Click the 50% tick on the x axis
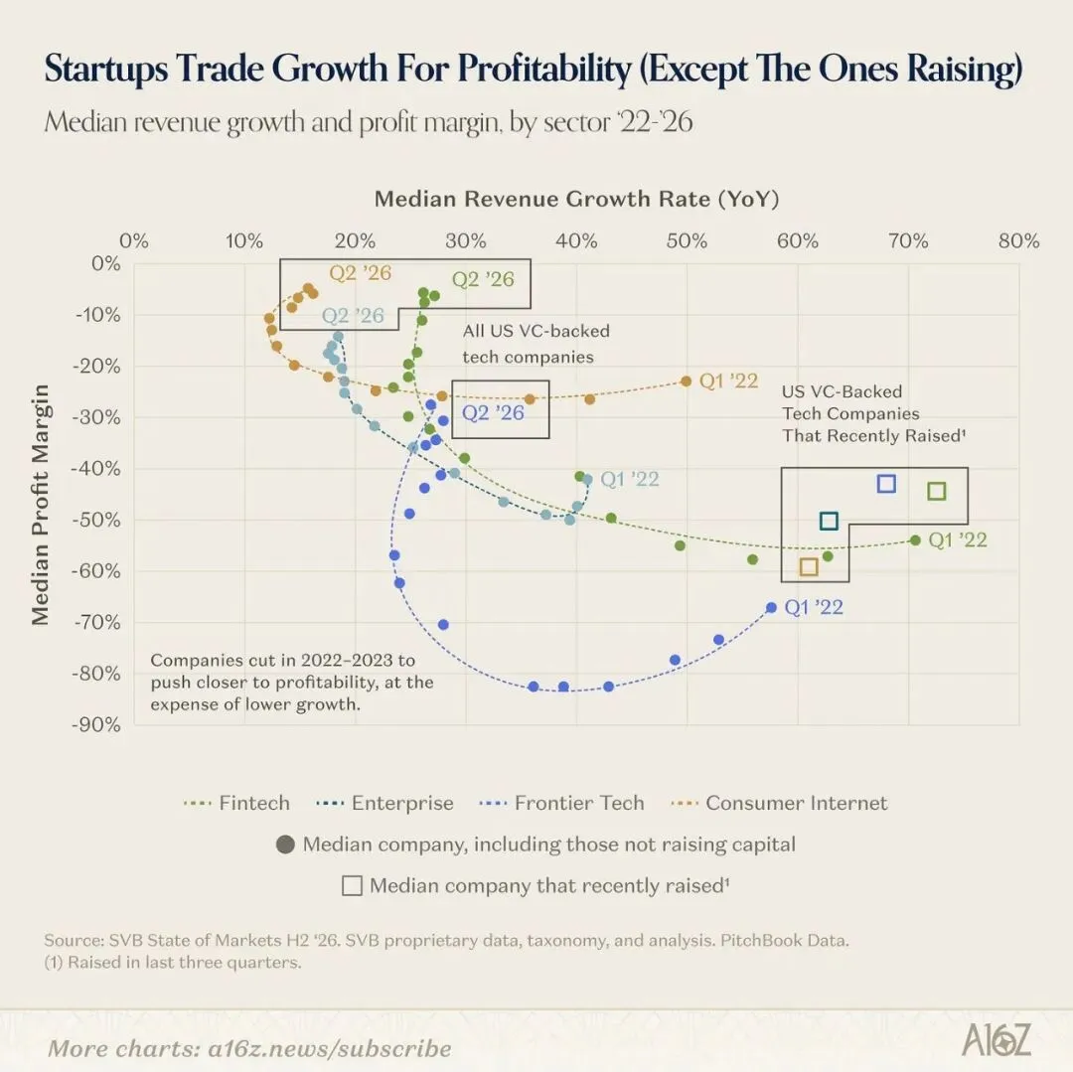tap(687, 240)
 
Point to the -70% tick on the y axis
tap(96, 622)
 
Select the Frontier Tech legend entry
tap(561, 803)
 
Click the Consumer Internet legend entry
tap(780, 803)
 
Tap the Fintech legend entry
tap(236, 803)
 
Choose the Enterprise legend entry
tap(384, 803)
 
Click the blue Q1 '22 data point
tap(771, 607)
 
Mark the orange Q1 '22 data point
tap(687, 382)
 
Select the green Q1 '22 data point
tap(916, 540)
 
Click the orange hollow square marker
tap(809, 566)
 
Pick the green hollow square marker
tap(937, 491)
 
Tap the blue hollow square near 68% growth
tap(886, 484)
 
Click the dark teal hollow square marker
tap(829, 522)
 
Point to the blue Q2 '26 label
tap(493, 412)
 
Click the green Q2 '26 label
tap(483, 279)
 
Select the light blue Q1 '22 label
tap(630, 479)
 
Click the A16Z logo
tap(996, 1040)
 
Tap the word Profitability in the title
tap(544, 69)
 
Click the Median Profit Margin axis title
tap(41, 505)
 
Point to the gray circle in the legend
tap(285, 844)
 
